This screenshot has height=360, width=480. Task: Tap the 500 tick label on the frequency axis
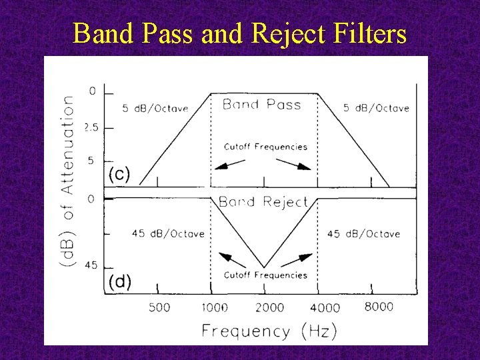point(159,307)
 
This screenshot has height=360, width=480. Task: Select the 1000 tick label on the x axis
point(213,307)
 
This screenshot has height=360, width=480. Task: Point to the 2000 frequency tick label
point(269,307)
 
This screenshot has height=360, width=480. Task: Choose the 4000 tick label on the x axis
point(325,307)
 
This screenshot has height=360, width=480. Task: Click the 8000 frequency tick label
point(379,307)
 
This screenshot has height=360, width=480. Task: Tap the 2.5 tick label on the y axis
point(92,127)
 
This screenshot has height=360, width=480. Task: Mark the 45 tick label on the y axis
point(90,265)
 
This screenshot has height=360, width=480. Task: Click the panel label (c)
point(119,175)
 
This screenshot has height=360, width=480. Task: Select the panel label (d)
point(120,281)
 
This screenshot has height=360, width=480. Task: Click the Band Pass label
point(261,105)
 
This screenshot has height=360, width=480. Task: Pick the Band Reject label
point(263,202)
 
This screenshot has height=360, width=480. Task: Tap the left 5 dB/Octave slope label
point(155,109)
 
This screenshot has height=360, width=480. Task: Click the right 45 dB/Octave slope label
point(364,233)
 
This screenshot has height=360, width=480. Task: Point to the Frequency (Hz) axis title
point(269,330)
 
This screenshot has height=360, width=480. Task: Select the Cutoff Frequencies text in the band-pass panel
point(265,147)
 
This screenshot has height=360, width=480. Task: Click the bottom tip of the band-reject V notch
point(265,267)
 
